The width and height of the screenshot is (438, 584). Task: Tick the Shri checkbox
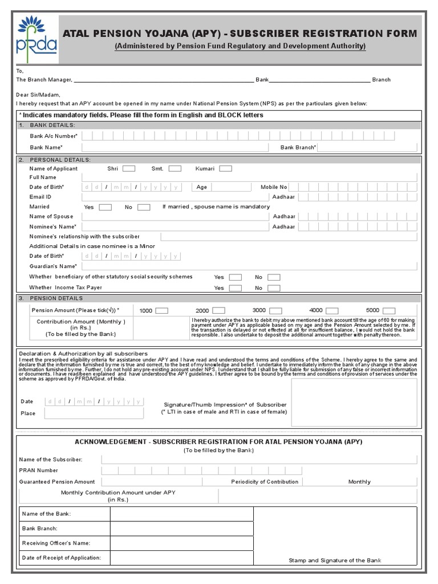pos(129,168)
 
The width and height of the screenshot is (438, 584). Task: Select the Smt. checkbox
pos(175,168)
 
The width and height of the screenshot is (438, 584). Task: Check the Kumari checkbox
pos(226,168)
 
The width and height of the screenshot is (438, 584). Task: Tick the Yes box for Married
pos(106,207)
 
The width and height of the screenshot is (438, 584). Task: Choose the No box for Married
pos(144,207)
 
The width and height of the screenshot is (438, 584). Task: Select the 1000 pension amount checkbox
pos(161,310)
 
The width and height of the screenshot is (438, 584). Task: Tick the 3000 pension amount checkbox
pos(276,310)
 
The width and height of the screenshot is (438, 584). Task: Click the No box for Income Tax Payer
pos(274,288)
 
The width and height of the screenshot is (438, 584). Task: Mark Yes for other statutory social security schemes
pos(235,277)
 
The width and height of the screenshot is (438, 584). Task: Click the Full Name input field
pos(249,177)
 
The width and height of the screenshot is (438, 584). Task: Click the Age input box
pos(230,187)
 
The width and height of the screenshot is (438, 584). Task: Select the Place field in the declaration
pos(94,413)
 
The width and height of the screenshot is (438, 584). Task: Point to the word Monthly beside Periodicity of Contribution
pos(359,482)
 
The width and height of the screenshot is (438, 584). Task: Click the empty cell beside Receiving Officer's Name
pos(182,543)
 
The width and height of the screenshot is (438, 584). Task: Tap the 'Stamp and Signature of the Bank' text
pos(335,561)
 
